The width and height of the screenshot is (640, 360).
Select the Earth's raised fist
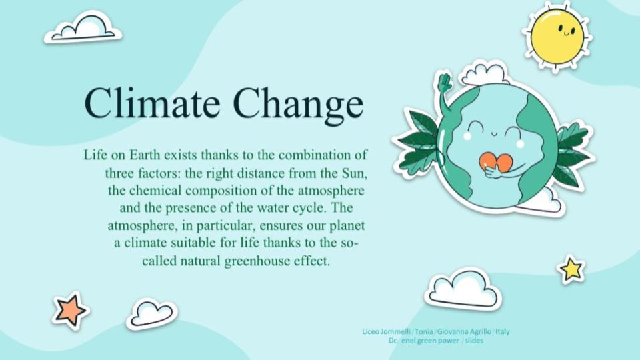444,83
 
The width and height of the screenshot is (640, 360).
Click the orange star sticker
70,309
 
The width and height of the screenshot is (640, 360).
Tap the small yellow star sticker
571,269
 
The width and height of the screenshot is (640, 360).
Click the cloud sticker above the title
83,28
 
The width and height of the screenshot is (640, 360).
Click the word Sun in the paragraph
352,174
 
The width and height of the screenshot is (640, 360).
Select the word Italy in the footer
502,331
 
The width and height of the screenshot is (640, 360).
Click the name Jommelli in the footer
396,331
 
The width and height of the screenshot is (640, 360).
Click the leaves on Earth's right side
571,155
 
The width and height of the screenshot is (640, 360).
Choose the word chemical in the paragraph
155,191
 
